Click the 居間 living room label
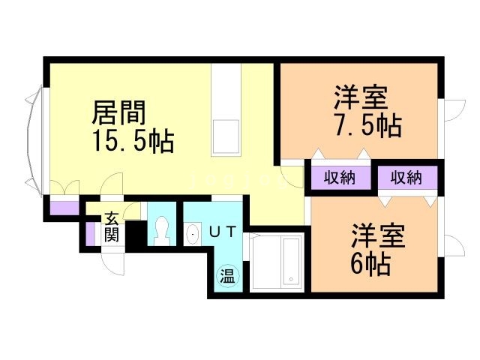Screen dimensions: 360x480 [118, 114]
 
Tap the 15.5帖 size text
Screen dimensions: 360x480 [133, 141]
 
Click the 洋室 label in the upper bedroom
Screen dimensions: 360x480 [361, 98]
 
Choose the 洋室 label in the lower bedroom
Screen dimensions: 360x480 [379, 236]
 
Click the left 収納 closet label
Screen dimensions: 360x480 [340, 178]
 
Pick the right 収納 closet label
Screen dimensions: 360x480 [406, 178]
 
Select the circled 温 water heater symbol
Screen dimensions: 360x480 [226, 276]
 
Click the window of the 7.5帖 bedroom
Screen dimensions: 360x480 [451, 109]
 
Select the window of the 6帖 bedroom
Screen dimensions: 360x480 [451, 247]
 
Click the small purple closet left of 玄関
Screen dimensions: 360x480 [90, 233]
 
